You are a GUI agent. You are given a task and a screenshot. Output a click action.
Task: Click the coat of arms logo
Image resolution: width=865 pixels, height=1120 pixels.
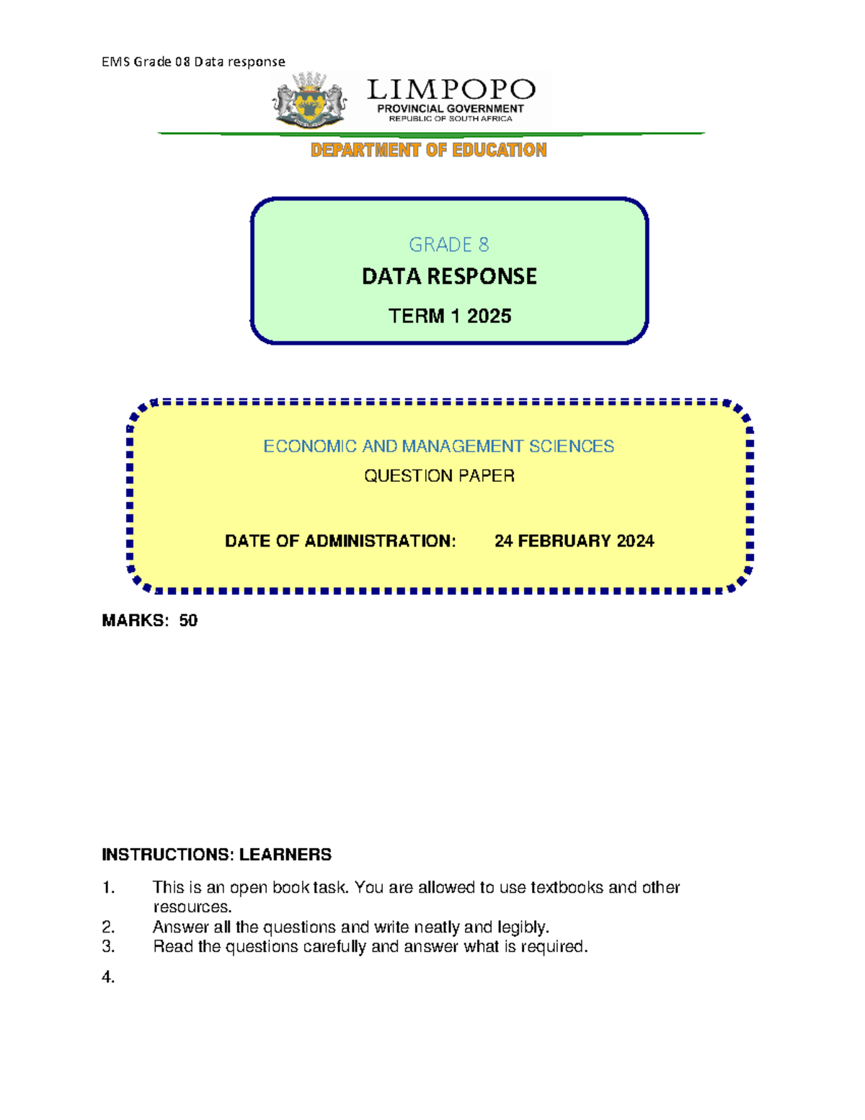click(x=310, y=101)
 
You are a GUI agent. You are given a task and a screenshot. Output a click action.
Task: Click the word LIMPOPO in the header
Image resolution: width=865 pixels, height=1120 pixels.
click(x=451, y=90)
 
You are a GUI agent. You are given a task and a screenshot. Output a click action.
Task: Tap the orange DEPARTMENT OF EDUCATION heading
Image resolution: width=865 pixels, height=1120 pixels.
click(x=428, y=150)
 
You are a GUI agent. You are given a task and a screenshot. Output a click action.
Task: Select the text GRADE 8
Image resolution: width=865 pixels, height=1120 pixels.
click(x=448, y=245)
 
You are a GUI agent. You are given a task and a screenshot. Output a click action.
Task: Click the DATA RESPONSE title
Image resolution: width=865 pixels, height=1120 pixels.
click(x=448, y=276)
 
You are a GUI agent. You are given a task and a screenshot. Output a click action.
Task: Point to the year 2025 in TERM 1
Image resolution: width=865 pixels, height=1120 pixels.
click(x=489, y=316)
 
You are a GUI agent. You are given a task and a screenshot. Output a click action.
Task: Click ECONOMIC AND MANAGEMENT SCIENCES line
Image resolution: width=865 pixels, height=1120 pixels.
click(x=438, y=446)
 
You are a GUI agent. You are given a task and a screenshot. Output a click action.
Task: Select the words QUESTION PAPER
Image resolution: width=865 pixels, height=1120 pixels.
click(x=438, y=476)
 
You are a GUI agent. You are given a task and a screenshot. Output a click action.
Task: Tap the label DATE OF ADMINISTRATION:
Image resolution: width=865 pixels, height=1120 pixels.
click(x=340, y=541)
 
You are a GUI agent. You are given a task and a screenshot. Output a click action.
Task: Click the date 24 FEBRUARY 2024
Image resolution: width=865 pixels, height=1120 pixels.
click(x=574, y=541)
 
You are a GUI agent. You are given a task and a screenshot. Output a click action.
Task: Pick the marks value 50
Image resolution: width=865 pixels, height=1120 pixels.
click(x=188, y=621)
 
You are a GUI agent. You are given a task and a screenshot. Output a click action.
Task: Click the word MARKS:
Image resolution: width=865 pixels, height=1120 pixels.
click(x=136, y=621)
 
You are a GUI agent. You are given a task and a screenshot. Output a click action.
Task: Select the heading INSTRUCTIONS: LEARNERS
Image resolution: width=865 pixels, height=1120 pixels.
click(x=216, y=855)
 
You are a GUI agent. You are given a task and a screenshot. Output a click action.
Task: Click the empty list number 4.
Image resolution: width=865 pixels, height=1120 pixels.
click(x=108, y=977)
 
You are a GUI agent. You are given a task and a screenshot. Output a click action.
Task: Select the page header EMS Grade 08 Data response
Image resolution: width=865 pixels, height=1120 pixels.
click(x=193, y=62)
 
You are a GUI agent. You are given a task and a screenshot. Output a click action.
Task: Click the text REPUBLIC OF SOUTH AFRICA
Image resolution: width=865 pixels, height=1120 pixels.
click(x=451, y=118)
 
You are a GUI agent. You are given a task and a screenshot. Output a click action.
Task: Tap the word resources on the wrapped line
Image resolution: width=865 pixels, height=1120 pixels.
click(x=191, y=907)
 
